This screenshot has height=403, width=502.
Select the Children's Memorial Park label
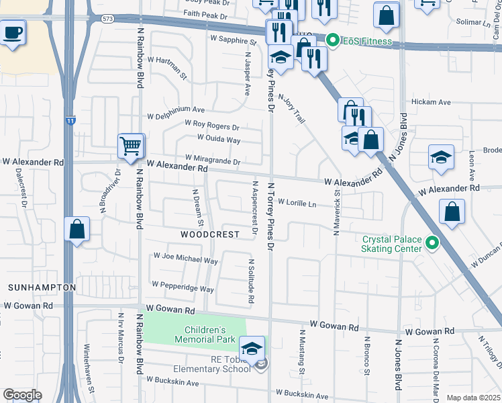click(x=210, y=334)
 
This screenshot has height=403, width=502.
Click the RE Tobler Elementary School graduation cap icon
click(x=252, y=349)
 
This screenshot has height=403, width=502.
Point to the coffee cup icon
click(x=13, y=32)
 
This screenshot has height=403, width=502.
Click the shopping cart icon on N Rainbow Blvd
click(x=130, y=145)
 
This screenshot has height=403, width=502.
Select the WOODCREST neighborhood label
click(x=210, y=234)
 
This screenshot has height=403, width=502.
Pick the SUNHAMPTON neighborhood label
click(x=42, y=287)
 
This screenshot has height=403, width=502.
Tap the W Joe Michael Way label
click(x=186, y=258)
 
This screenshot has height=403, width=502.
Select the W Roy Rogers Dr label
click(x=212, y=126)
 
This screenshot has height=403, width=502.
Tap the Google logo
click(x=22, y=395)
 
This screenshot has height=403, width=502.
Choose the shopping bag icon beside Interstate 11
click(x=77, y=229)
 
